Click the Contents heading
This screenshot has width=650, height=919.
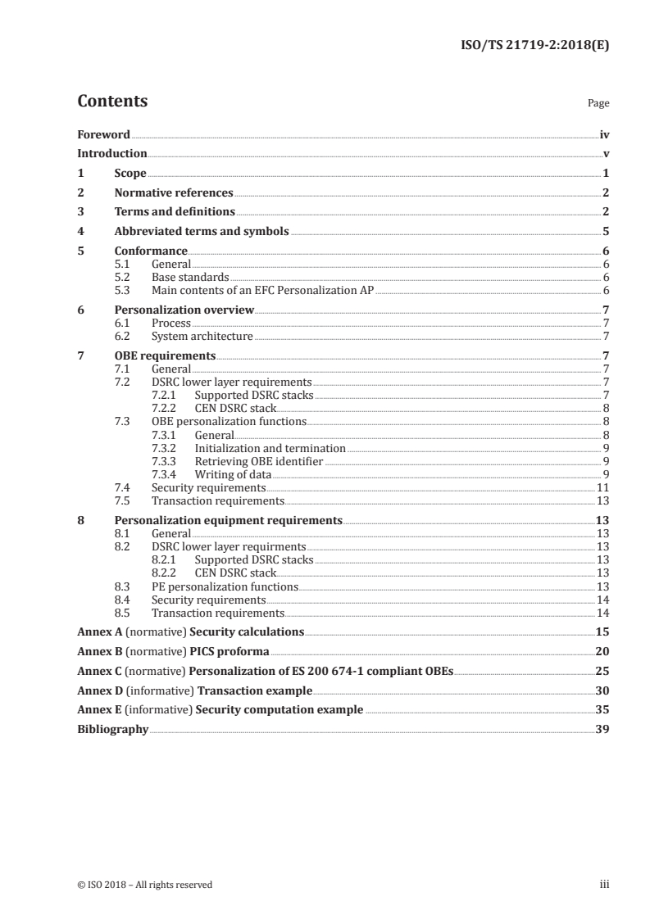(112, 102)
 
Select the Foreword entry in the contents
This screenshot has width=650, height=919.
(103, 134)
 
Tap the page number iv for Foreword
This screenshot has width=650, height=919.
(604, 134)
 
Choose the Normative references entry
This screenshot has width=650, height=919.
(174, 193)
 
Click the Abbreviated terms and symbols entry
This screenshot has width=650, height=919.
(202, 232)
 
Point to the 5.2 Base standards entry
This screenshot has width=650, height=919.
(190, 277)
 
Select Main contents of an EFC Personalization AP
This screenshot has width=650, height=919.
(262, 290)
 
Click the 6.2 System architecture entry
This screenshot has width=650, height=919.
(202, 336)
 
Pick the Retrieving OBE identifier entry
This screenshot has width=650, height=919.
(258, 462)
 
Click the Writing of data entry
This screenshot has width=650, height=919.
(233, 474)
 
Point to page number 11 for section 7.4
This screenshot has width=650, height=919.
(602, 487)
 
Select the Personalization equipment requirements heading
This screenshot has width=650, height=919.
(228, 520)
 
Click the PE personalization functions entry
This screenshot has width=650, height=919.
(225, 586)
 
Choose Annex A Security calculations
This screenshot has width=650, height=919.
(190, 632)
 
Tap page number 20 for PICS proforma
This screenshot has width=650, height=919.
(602, 651)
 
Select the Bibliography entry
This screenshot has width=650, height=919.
(112, 729)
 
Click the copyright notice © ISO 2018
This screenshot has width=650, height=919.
(144, 885)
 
